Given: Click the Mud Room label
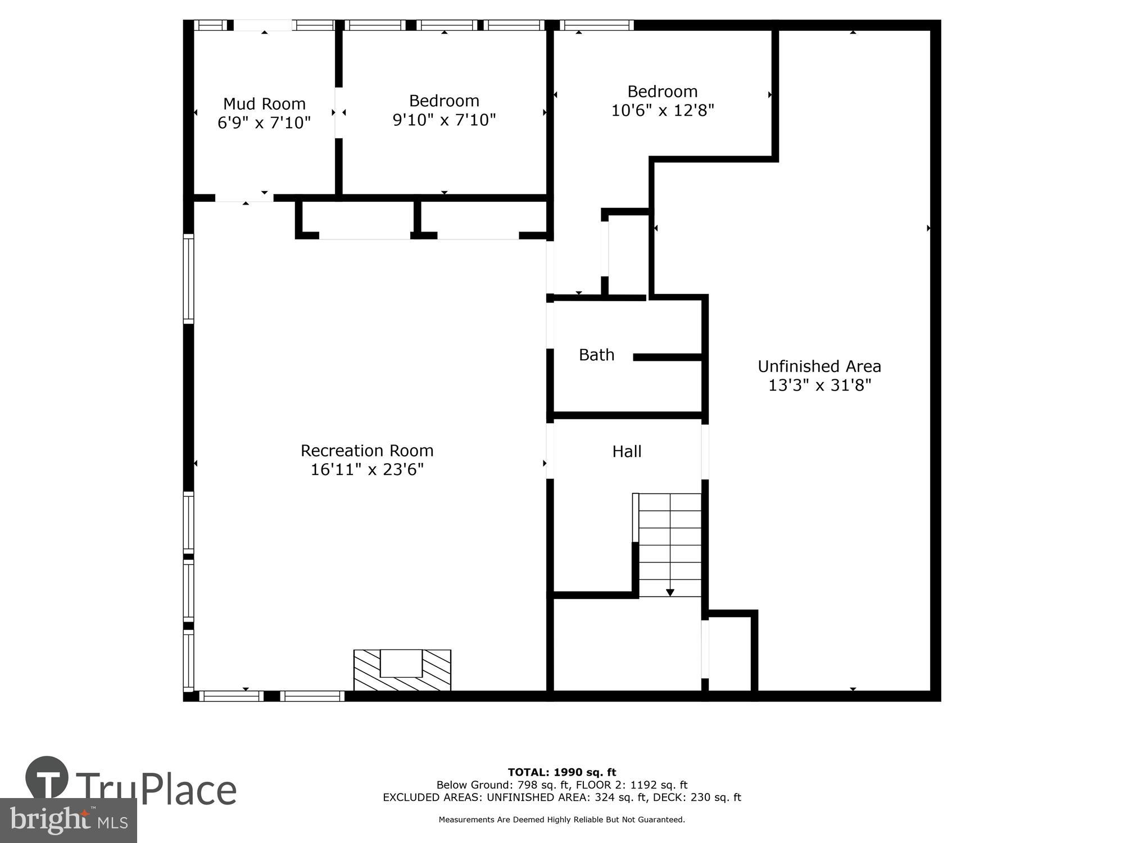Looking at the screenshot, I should coord(264,104).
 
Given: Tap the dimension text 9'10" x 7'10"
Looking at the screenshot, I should coord(444,120).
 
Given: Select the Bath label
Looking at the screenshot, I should coord(596,355).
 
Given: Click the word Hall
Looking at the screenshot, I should coord(627,451).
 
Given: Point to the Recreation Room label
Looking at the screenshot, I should coord(367,451).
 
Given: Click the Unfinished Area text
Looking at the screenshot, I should coord(819,366).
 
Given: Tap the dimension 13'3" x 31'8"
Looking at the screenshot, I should coord(819,386).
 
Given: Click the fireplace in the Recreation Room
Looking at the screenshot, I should coord(402,670).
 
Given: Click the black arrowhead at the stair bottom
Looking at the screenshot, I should coord(670,592).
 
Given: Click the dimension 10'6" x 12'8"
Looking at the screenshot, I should coord(662,111).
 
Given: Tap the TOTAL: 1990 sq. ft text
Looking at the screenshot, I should coord(562,772).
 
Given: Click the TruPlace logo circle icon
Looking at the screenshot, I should coord(47,778).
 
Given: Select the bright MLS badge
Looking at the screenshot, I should coord(69,821).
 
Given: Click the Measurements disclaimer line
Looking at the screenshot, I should coord(562,820).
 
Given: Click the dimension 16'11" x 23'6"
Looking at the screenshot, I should coord(367,470).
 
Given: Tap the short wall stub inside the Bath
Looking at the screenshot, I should coord(667,357).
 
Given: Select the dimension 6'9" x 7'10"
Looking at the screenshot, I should coord(264,123).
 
